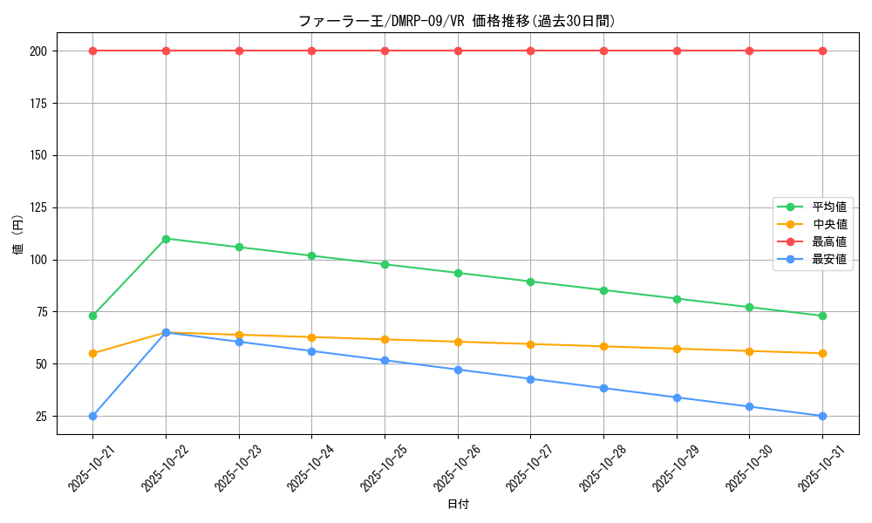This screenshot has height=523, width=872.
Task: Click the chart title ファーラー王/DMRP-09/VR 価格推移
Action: (457, 21)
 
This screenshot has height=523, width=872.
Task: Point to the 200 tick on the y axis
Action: (39, 51)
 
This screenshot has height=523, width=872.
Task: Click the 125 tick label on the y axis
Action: (39, 207)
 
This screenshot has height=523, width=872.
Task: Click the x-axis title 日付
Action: (458, 505)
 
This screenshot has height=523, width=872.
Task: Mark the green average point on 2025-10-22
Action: (166, 239)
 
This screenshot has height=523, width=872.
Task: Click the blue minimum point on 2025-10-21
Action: (92, 416)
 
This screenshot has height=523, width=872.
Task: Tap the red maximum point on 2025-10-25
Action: (385, 51)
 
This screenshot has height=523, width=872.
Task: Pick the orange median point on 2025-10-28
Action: (603, 346)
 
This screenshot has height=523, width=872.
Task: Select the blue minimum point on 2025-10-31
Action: (822, 416)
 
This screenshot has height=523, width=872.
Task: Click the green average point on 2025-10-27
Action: (530, 282)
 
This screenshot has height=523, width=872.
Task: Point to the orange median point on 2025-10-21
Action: (92, 353)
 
